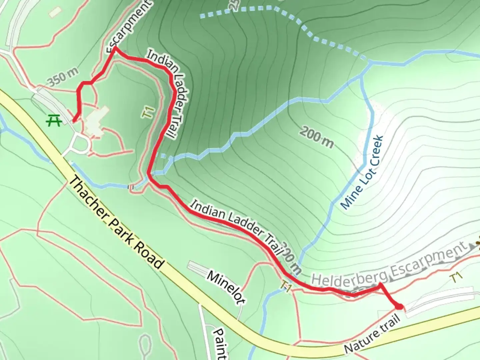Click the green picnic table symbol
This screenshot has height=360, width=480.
(x=54, y=120)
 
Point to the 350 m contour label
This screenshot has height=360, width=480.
(x=63, y=77)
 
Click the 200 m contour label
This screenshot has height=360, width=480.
(x=316, y=137)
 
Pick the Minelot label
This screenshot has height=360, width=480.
(x=226, y=287)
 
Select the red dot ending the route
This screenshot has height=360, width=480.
(x=398, y=306)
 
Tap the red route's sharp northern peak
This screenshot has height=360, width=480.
(x=115, y=48)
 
